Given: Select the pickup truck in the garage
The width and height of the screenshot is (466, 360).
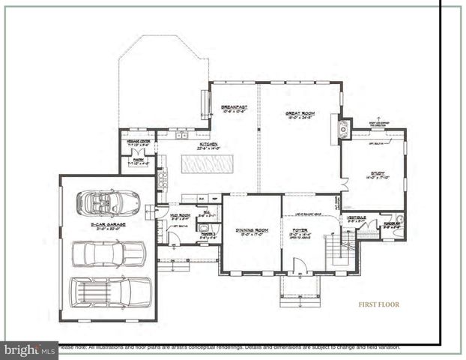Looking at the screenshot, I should [x=107, y=253].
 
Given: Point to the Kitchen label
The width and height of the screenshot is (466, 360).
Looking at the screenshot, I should [x=208, y=145].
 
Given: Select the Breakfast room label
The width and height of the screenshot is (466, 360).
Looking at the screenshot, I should [x=234, y=109].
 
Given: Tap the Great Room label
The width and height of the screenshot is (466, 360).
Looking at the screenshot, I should [x=300, y=114].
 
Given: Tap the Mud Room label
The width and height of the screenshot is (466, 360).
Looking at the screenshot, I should [x=180, y=217].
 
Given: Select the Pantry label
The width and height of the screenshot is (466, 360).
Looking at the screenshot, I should [x=139, y=160].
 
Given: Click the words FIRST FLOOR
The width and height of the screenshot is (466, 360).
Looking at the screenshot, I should [x=378, y=304].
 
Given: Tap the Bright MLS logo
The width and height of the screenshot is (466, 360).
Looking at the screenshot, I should [x=29, y=350].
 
